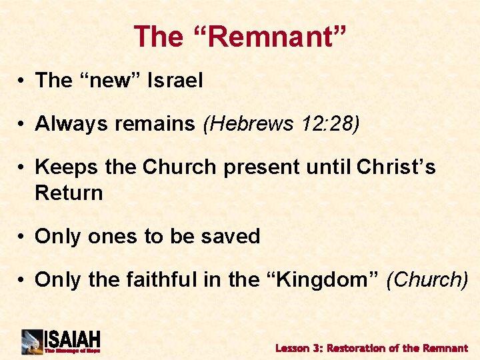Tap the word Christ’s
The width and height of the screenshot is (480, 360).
tap(396, 167)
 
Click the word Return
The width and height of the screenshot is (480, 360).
tap(69, 193)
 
